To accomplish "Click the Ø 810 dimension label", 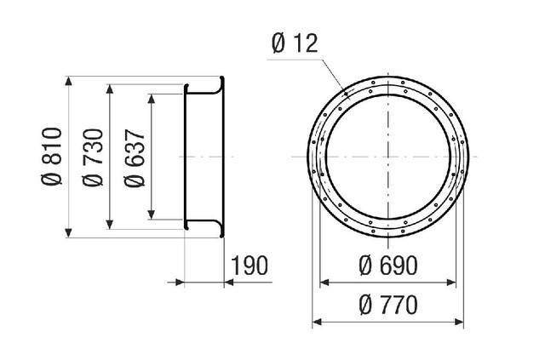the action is (x=52, y=157).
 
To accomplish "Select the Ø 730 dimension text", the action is (x=93, y=157).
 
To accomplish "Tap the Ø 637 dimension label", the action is (x=135, y=158).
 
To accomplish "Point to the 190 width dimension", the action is (x=250, y=266).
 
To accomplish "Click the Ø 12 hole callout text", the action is (x=295, y=43).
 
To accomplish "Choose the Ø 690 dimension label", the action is (x=388, y=266).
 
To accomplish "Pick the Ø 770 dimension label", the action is (x=388, y=305).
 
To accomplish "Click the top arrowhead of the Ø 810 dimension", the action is (x=68, y=81).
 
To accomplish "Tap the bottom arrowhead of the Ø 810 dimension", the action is (x=68, y=233).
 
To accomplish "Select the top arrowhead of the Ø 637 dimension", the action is (x=152, y=99).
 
